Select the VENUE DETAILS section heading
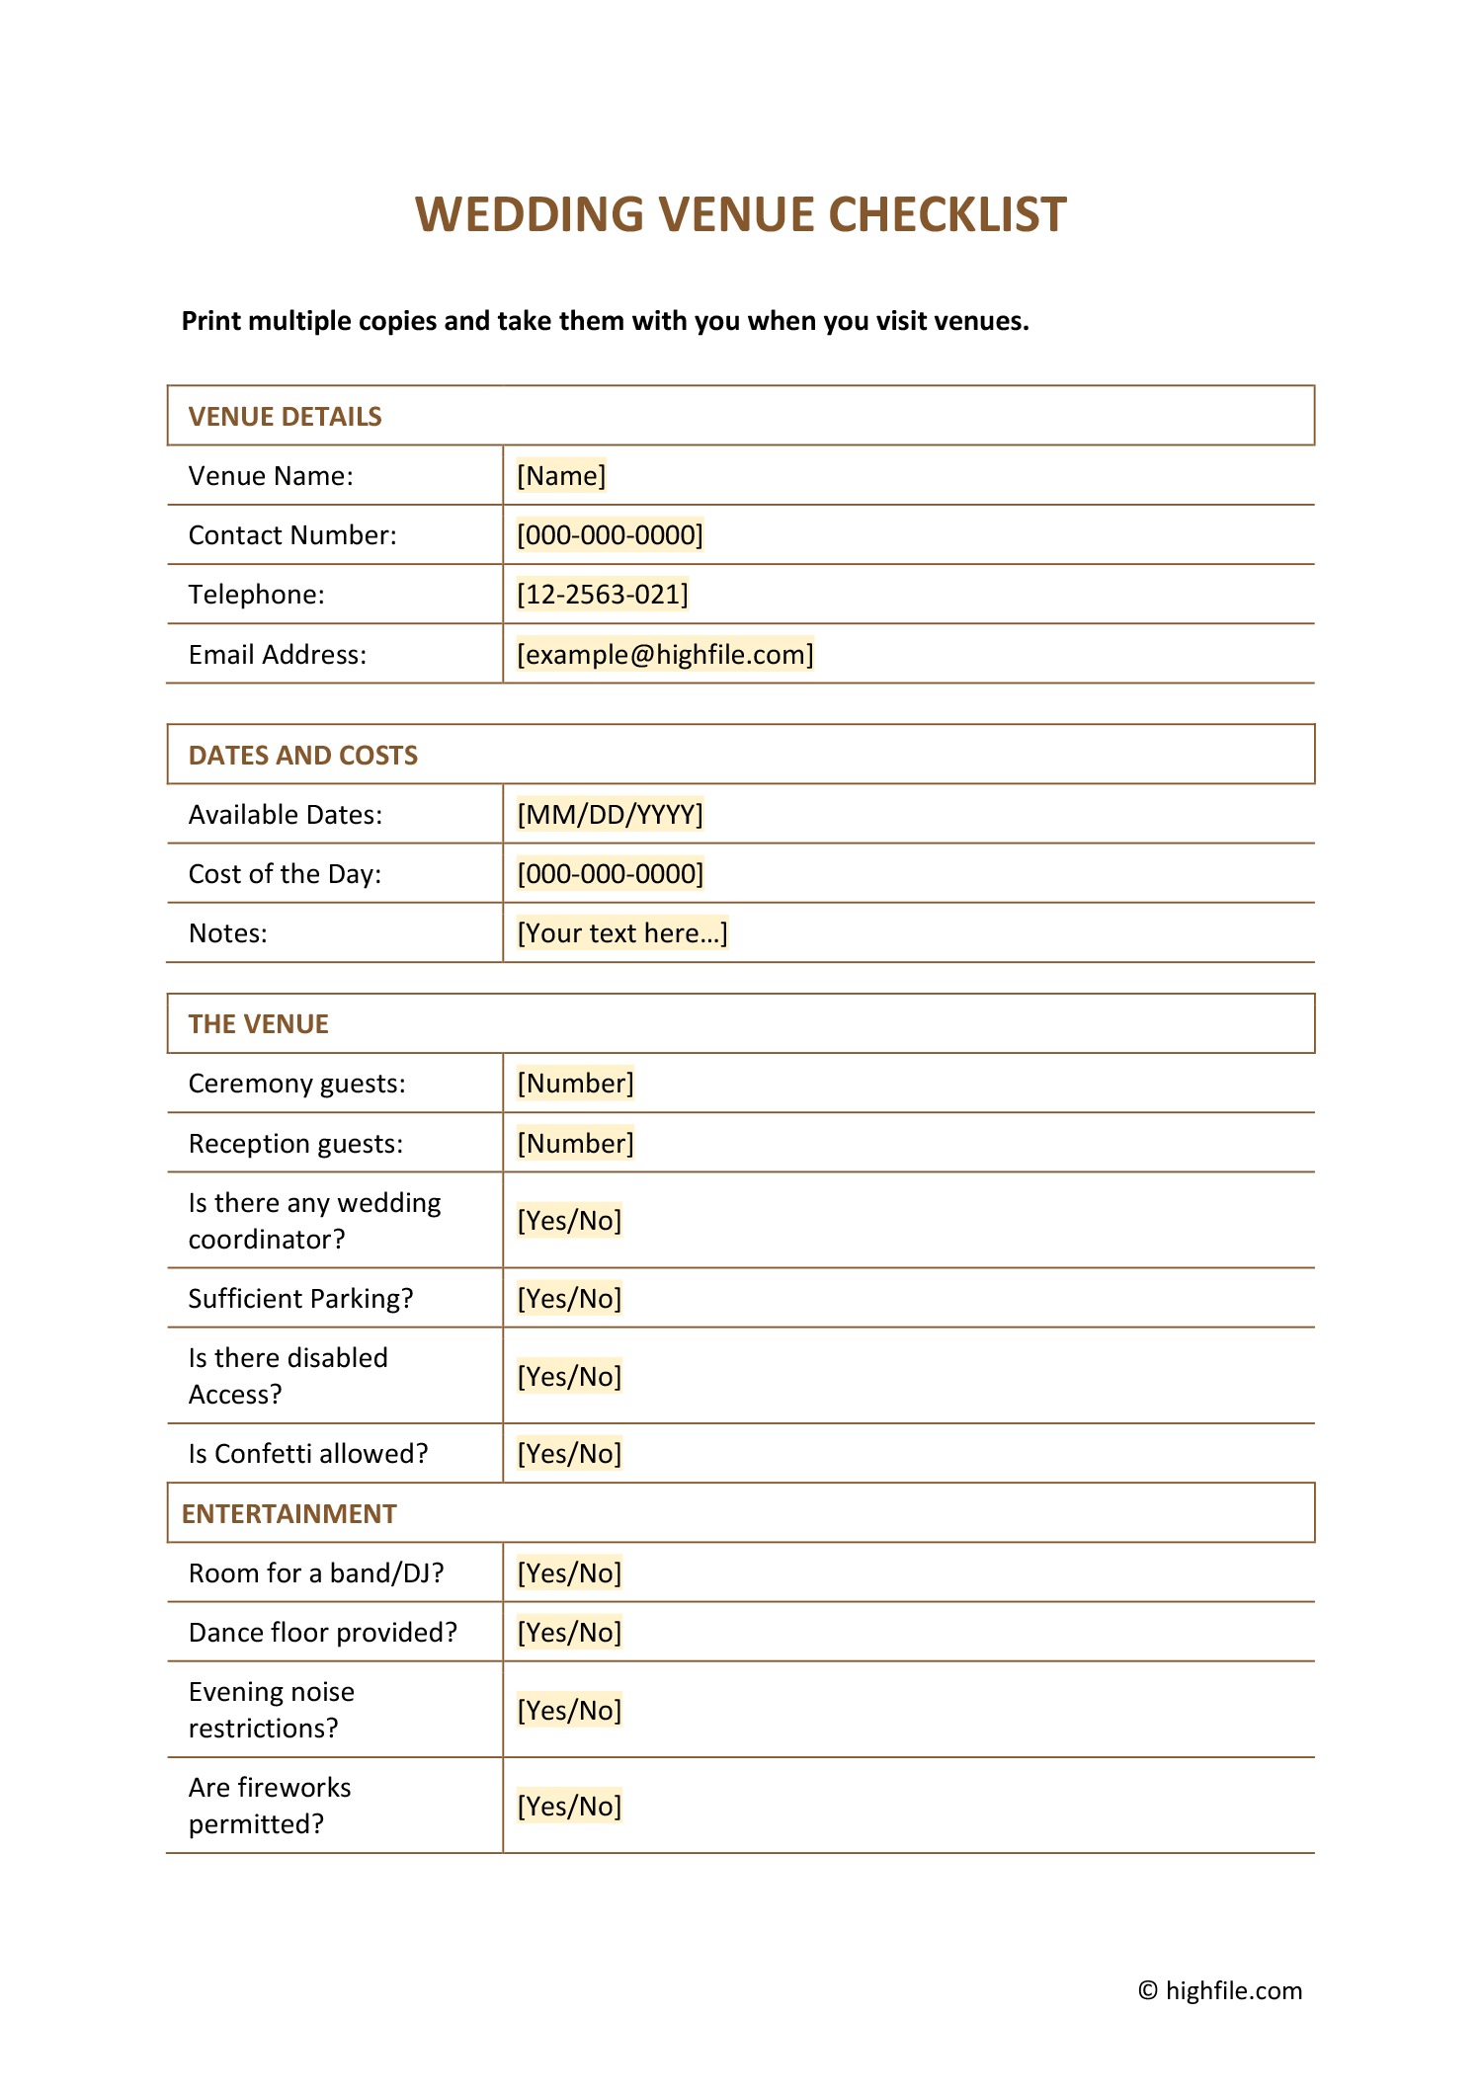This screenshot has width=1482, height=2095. [285, 417]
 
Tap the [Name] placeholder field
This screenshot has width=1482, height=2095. [561, 476]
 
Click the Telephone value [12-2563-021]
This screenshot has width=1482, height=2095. [603, 595]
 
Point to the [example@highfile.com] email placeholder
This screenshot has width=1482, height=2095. [665, 655]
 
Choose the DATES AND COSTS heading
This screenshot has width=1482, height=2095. [302, 756]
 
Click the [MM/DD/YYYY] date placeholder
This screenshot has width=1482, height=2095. [610, 815]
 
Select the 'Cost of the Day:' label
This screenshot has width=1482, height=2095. [285, 874]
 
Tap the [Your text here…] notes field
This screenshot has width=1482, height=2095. [622, 933]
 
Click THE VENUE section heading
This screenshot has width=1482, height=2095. [258, 1024]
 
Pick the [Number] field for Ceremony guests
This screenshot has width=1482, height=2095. [575, 1084]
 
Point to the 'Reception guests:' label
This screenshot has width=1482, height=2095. [295, 1144]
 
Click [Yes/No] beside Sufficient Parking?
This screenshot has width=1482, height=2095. [569, 1299]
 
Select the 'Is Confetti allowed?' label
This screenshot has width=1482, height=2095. [308, 1454]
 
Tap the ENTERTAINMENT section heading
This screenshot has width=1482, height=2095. [288, 1514]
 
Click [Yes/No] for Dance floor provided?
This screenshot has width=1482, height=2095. [569, 1633]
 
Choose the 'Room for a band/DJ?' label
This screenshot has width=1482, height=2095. [316, 1573]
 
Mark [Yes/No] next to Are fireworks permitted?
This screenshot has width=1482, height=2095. [569, 1807]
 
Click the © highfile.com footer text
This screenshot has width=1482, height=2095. [1220, 1990]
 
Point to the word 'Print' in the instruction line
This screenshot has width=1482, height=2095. [211, 321]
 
